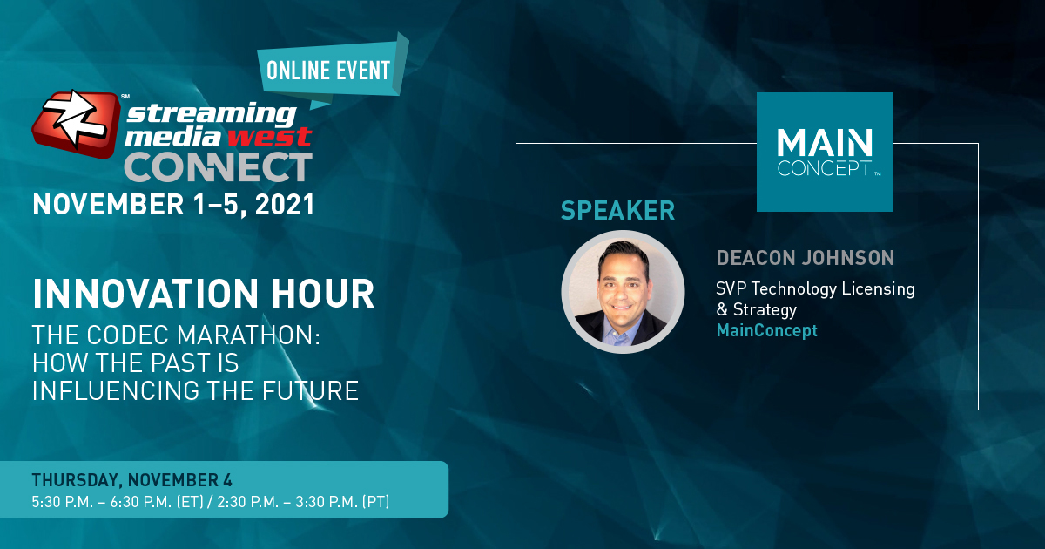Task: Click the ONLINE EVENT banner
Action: point(332,70)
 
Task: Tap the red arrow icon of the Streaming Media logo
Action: point(76,123)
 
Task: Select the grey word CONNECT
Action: point(218,166)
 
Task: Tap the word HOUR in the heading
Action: point(323,294)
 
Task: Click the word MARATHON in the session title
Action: point(248,335)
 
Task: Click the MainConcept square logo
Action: point(825,152)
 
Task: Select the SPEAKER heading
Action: point(617,211)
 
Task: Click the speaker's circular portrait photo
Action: point(623,292)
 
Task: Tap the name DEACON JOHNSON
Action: point(806,258)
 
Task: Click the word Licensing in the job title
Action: point(879,289)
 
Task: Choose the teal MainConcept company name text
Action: point(767,330)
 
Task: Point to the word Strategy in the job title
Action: point(765,309)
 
